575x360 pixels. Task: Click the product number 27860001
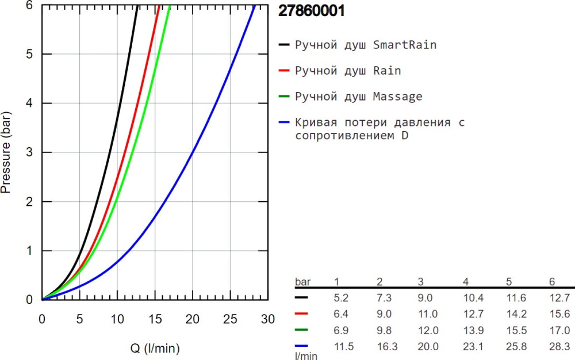[312, 12]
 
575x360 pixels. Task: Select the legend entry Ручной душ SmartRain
[365, 44]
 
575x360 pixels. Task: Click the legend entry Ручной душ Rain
[348, 71]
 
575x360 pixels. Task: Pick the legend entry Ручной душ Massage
[358, 97]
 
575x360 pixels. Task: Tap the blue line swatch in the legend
[284, 122]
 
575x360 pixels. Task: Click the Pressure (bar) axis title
[6, 152]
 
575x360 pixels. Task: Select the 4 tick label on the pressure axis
[29, 104]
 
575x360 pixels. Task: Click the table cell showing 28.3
[560, 347]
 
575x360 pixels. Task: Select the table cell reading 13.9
[473, 331]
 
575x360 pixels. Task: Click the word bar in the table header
[302, 281]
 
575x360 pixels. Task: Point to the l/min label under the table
[306, 356]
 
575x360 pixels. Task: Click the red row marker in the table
[301, 314]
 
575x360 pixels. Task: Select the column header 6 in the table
[552, 281]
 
